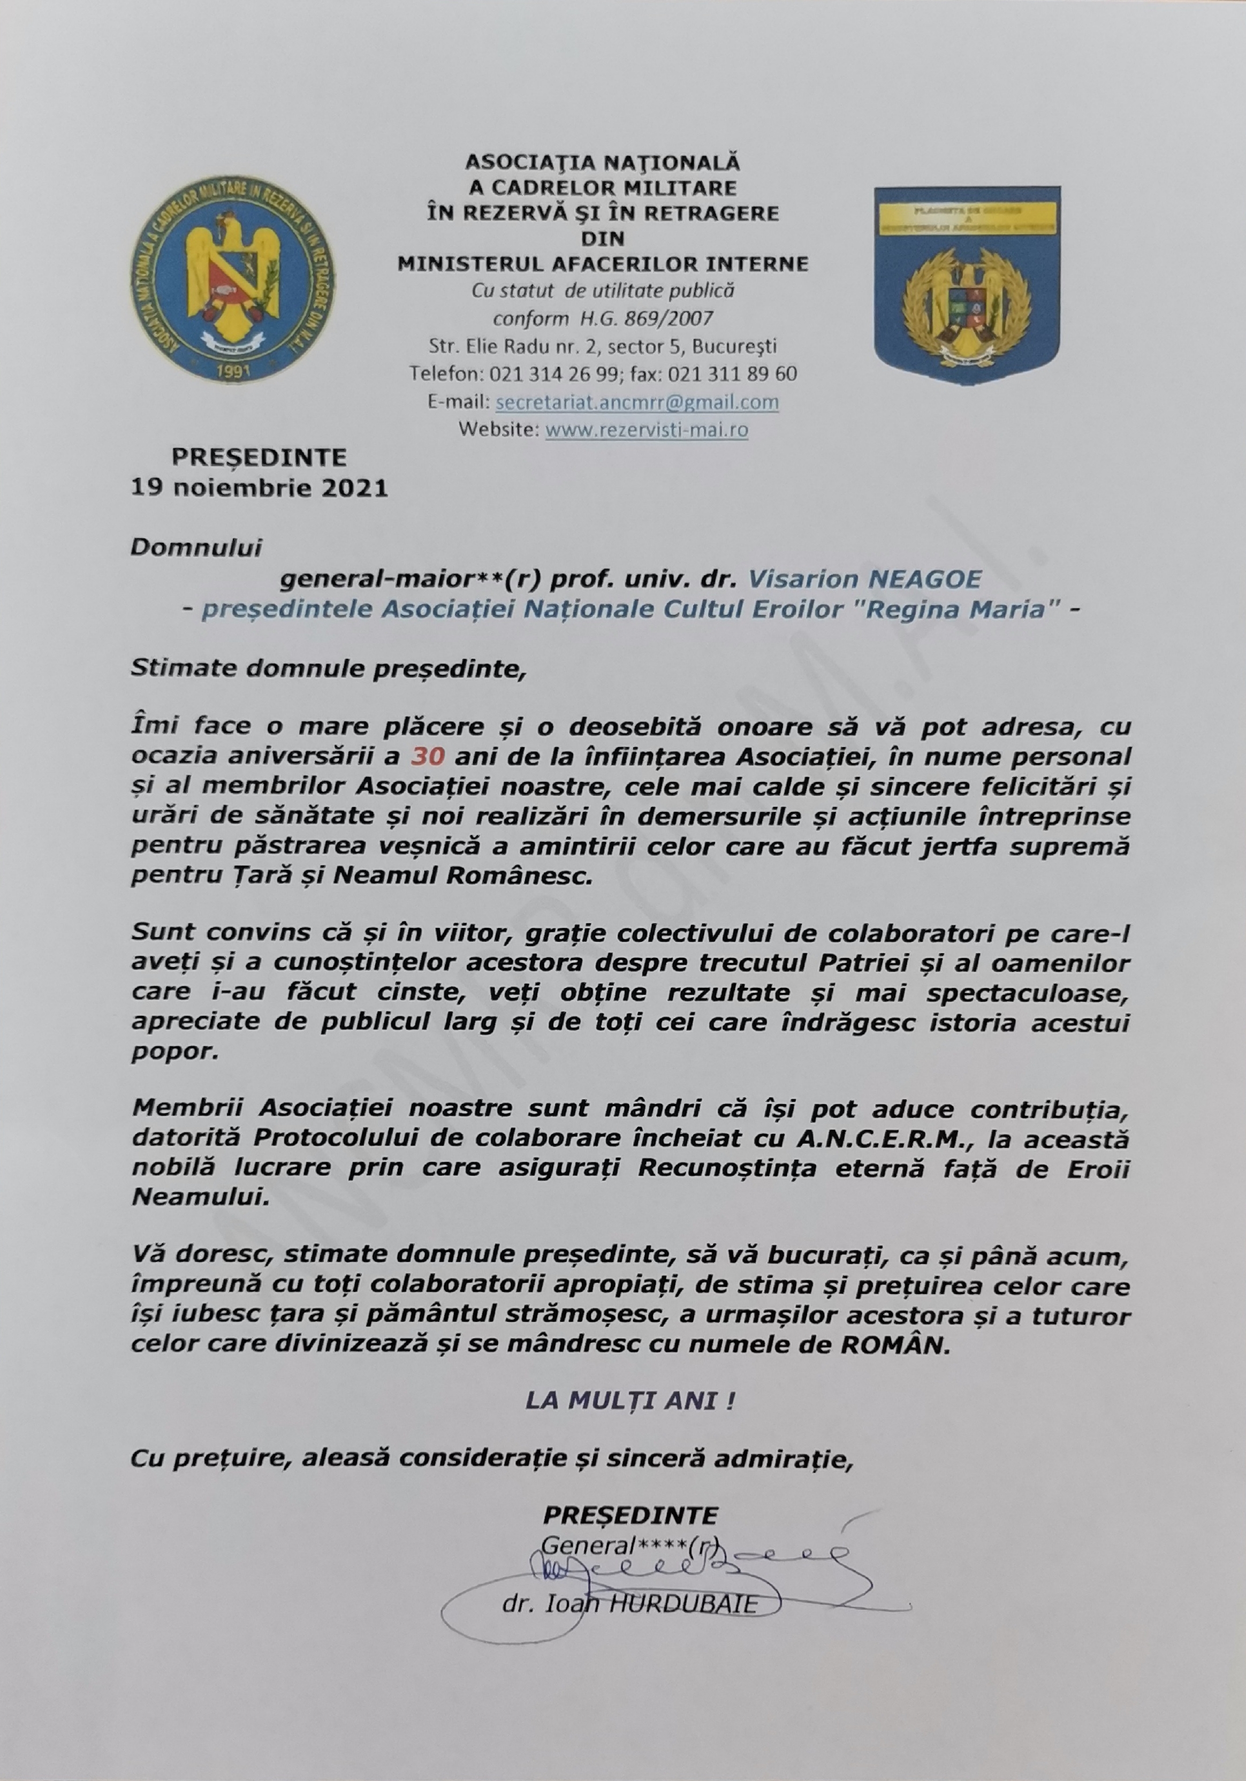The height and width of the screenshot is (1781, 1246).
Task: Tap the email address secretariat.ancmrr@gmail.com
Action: (636, 402)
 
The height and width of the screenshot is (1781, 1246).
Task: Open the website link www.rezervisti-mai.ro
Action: (647, 429)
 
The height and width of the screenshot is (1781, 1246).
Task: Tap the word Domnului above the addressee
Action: (197, 547)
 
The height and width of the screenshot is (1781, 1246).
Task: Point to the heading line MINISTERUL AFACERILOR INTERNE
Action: (603, 264)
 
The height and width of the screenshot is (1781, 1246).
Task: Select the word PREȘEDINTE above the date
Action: (259, 459)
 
